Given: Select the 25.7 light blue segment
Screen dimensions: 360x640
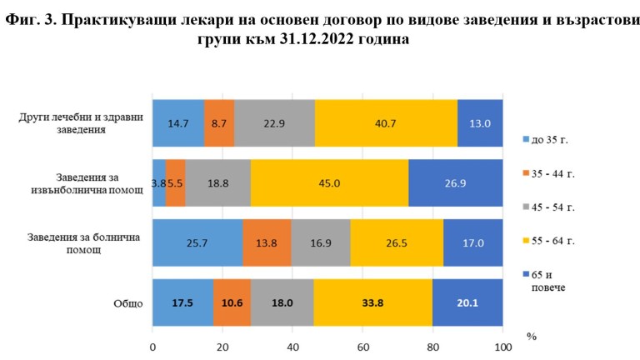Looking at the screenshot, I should pyautogui.click(x=197, y=242).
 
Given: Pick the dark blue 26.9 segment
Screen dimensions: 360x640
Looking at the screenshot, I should pyautogui.click(x=455, y=182).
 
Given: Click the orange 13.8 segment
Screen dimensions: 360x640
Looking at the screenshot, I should pyautogui.click(x=267, y=242).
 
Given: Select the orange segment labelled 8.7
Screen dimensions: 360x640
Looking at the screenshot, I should pyautogui.click(x=219, y=122).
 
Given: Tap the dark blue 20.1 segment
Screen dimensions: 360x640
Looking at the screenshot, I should pyautogui.click(x=467, y=303).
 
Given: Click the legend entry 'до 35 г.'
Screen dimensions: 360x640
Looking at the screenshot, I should pyautogui.click(x=551, y=138).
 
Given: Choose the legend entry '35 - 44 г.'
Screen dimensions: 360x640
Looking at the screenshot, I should pyautogui.click(x=554, y=173).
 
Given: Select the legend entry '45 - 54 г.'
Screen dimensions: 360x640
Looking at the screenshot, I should pyautogui.click(x=554, y=206).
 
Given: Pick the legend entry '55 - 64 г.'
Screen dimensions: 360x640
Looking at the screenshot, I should pyautogui.click(x=554, y=240).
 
